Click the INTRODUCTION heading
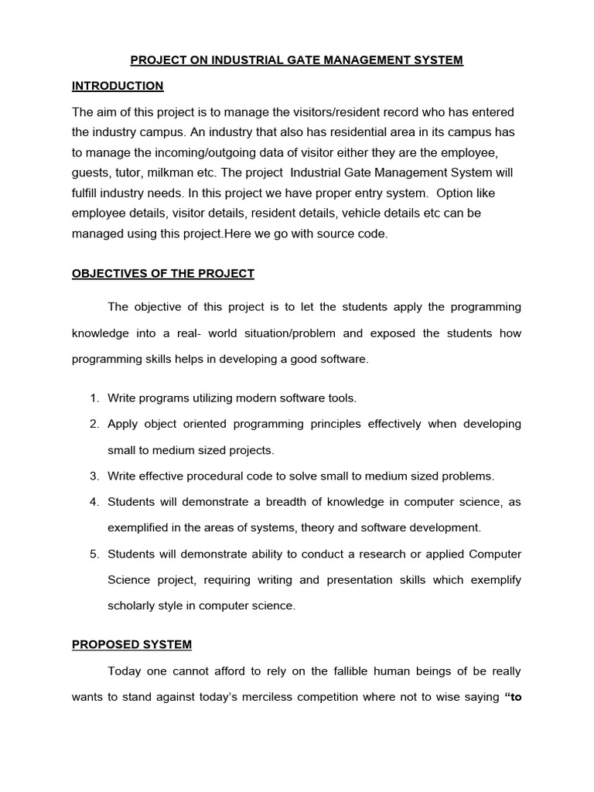click(x=118, y=86)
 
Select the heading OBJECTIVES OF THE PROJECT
click(x=162, y=274)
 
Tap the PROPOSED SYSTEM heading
click(x=131, y=644)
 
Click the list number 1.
click(x=94, y=398)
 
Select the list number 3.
click(x=94, y=476)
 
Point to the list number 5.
click(x=94, y=555)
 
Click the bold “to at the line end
click(x=513, y=697)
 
